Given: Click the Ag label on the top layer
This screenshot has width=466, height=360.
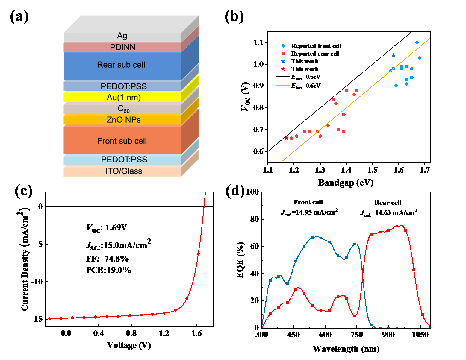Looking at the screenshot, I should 122,36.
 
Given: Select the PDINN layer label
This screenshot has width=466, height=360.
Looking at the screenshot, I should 122,47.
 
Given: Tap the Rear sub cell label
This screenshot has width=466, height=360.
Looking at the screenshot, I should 121,65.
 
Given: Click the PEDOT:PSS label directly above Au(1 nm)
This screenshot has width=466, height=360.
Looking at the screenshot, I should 123,86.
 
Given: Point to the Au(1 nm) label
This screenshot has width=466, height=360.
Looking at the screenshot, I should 123,98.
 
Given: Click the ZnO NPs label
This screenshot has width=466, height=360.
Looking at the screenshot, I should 123,120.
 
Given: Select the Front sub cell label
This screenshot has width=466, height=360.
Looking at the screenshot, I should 122,141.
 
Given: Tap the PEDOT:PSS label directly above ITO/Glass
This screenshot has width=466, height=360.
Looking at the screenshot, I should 124,160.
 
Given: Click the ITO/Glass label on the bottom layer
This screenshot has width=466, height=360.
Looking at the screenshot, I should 123,171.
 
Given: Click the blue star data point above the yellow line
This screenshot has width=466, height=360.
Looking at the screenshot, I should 394,56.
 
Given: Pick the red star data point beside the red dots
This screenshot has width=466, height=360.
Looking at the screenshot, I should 286,138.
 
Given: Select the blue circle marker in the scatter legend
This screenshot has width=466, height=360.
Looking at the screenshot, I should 283,46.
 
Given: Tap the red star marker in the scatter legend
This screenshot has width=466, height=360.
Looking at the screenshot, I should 283,69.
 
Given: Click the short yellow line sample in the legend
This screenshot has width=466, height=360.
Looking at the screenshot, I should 283,86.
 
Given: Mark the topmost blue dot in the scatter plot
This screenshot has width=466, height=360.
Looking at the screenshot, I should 417,42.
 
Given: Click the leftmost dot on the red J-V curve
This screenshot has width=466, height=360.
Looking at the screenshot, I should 50,319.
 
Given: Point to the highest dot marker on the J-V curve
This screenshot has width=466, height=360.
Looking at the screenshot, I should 198,254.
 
